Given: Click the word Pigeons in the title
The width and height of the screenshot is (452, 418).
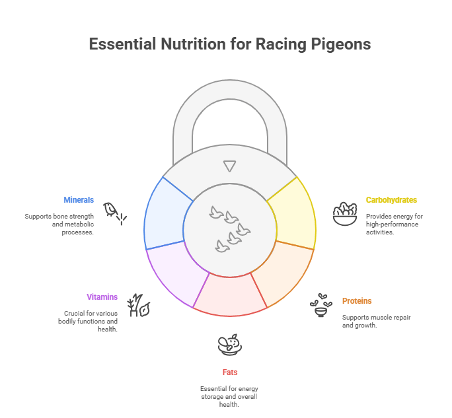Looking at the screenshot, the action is [340, 44].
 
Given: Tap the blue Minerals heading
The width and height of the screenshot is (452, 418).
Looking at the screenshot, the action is [79, 199].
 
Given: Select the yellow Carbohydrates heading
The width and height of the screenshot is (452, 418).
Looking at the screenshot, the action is [391, 199].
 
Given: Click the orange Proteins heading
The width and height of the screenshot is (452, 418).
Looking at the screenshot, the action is [357, 300].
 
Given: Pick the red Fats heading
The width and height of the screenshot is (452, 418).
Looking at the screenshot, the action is [230, 372].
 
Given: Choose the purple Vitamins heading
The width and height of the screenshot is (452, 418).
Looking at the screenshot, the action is [102, 296].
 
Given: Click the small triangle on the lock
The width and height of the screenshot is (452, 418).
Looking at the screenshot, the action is [230, 166].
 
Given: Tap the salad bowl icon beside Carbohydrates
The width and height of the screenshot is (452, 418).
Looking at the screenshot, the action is [345, 214].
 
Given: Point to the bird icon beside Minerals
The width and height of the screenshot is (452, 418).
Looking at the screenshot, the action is [115, 213].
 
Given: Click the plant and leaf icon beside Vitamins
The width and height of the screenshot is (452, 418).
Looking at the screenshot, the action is [139, 305].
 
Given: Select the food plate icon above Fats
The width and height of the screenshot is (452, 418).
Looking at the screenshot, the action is [230, 345].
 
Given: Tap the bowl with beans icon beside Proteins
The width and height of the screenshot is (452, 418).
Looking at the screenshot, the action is [321, 305].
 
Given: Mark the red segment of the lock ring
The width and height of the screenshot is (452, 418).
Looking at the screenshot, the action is [230, 295].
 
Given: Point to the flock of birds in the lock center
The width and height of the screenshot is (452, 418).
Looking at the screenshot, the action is [230, 229].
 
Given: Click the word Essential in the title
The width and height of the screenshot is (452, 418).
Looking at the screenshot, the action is [122, 44].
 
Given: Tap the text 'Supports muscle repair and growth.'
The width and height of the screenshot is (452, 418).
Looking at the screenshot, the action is [376, 321].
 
